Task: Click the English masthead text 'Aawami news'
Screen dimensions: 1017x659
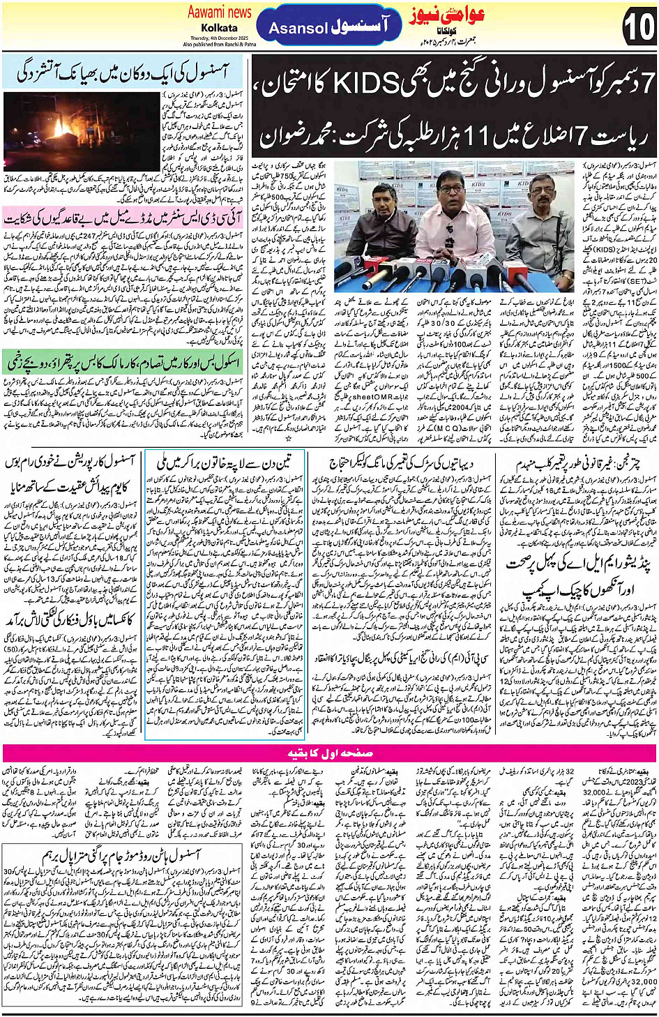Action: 219,12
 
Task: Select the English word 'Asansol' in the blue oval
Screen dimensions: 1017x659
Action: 298,29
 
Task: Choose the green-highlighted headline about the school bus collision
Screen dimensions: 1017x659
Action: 123,363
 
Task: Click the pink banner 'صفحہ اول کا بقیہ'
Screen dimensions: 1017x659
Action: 329,753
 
